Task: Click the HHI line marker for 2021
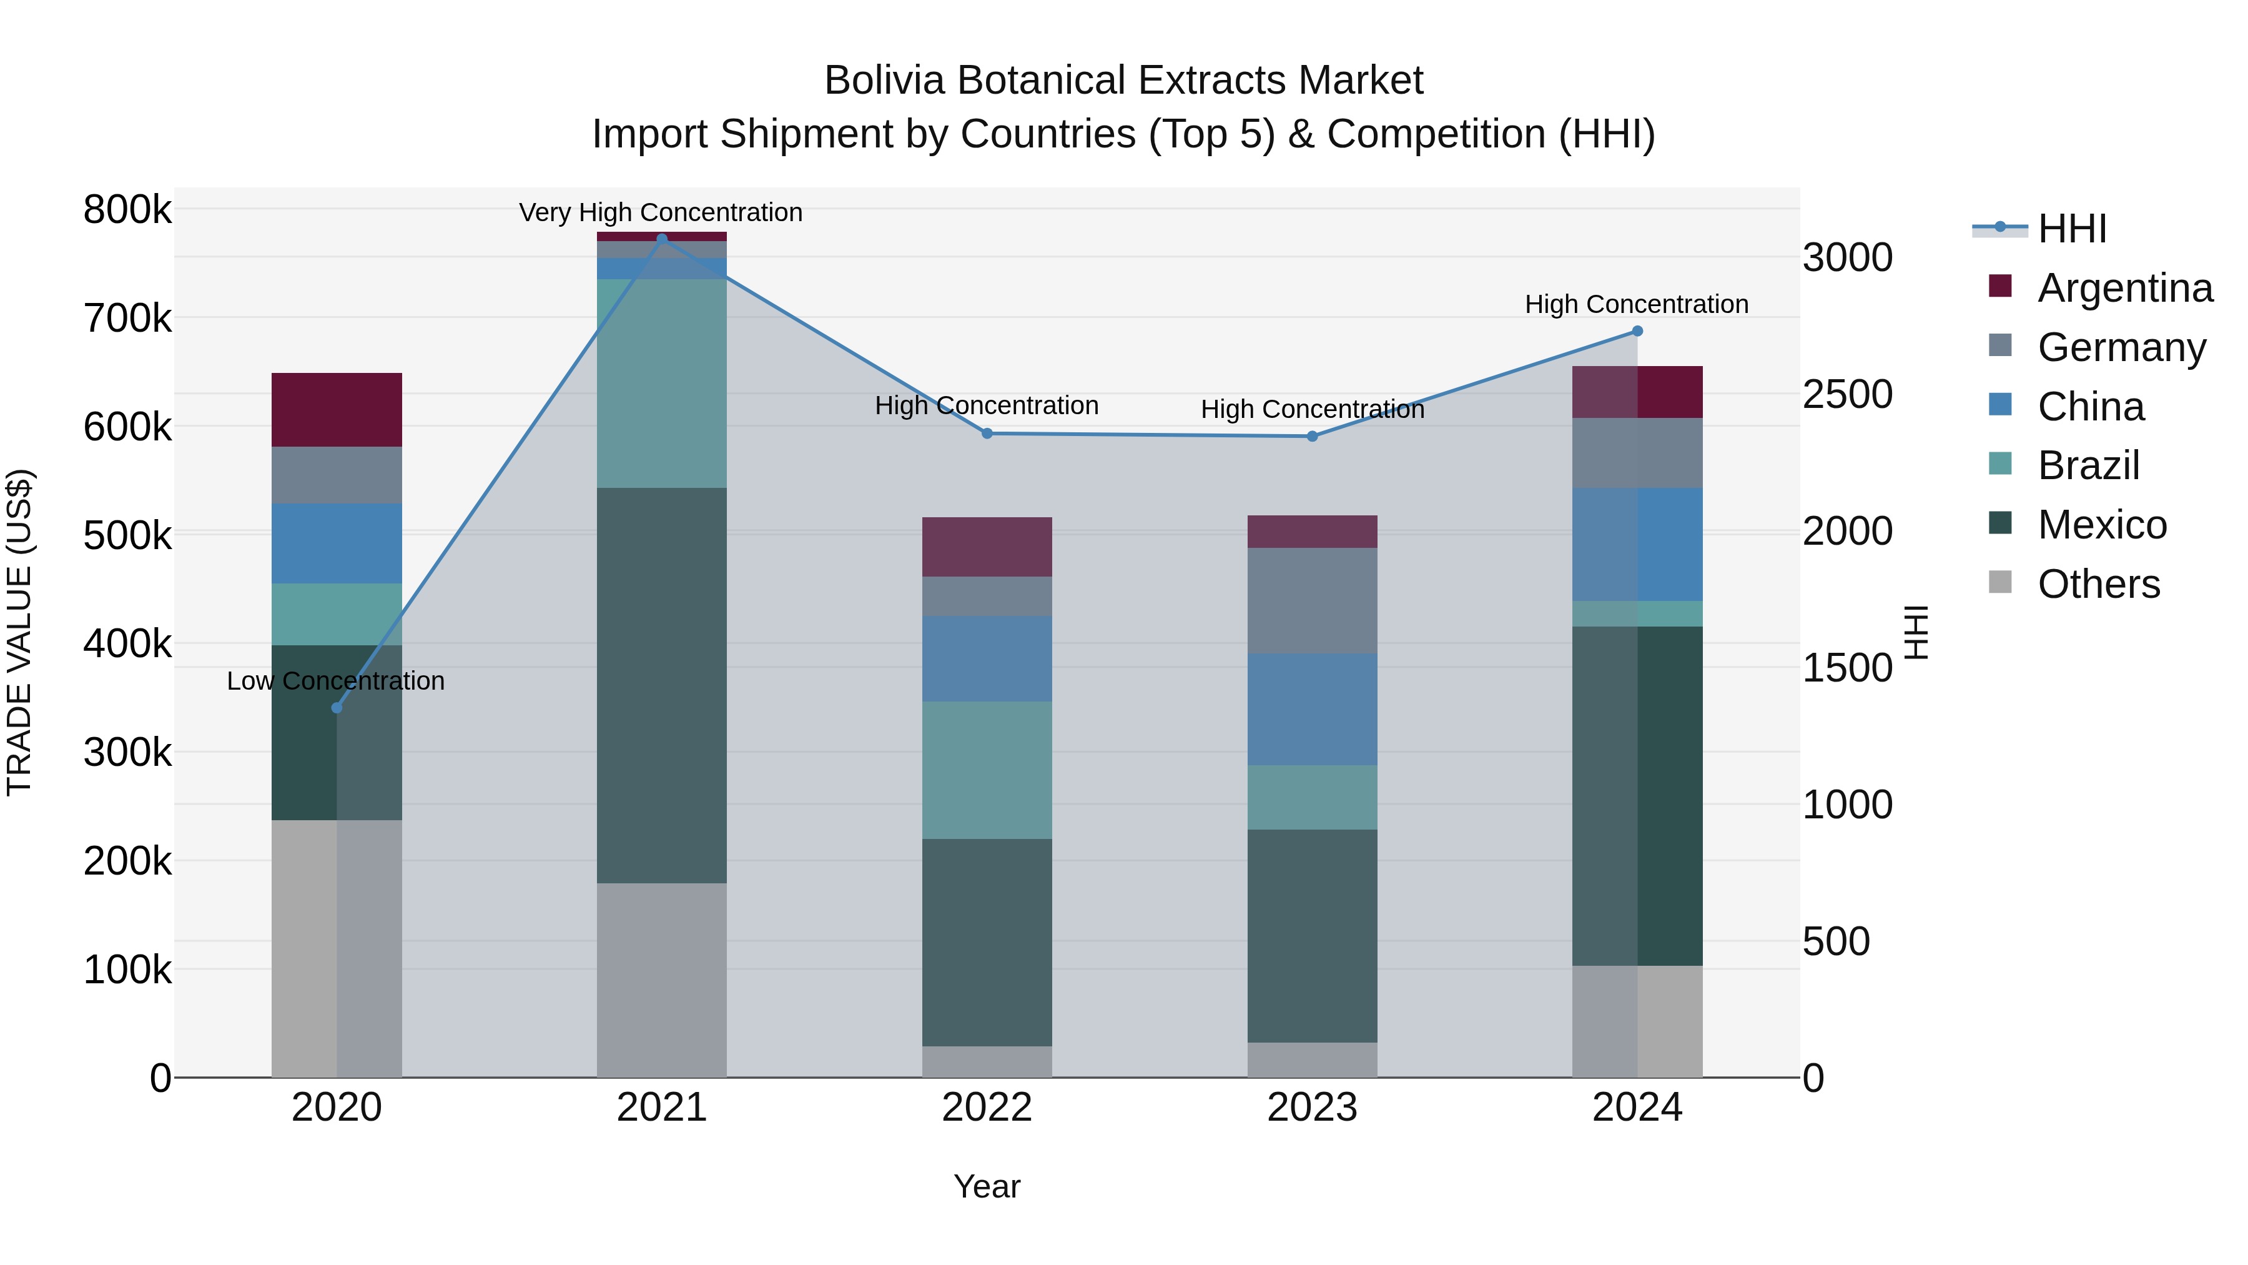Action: pyautogui.click(x=661, y=239)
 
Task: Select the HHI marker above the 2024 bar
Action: pyautogui.click(x=1637, y=331)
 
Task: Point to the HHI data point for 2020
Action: pyautogui.click(x=337, y=707)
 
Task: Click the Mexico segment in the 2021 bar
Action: pyautogui.click(x=661, y=685)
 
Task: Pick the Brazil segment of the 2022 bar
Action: pyautogui.click(x=987, y=770)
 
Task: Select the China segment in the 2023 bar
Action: pyautogui.click(x=1311, y=709)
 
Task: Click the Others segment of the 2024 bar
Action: pyautogui.click(x=1637, y=1021)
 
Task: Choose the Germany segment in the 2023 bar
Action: pyautogui.click(x=1311, y=600)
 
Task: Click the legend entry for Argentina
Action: pyautogui.click(x=2124, y=288)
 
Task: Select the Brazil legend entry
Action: pyautogui.click(x=2088, y=465)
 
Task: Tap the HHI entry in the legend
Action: pyautogui.click(x=2072, y=229)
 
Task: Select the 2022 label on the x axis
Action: pyautogui.click(x=987, y=1108)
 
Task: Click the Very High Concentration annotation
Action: pyautogui.click(x=661, y=212)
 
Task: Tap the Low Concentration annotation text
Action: pyautogui.click(x=335, y=681)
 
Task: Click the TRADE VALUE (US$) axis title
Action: pyautogui.click(x=19, y=632)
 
